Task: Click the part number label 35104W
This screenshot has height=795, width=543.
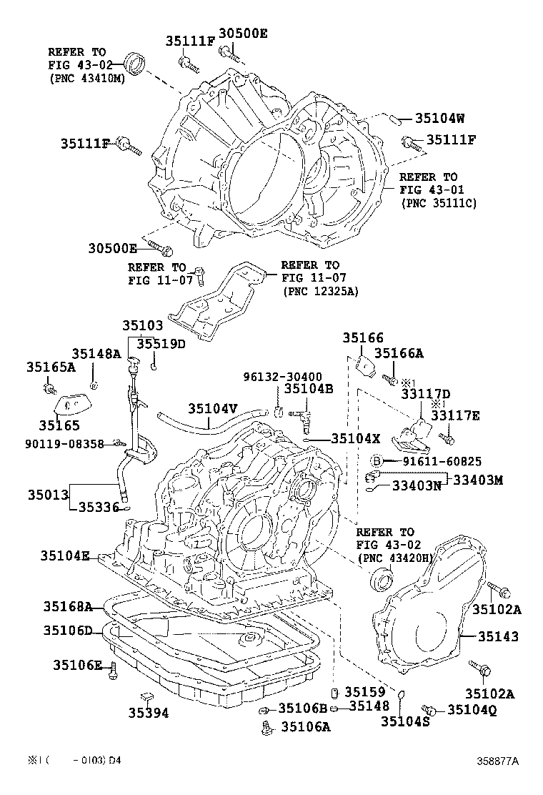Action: (x=440, y=119)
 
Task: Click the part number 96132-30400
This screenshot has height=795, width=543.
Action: (x=282, y=376)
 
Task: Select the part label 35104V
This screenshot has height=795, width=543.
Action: (x=213, y=408)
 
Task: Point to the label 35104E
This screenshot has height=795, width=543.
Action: (x=65, y=555)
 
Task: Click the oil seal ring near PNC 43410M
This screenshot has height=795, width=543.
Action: (x=135, y=63)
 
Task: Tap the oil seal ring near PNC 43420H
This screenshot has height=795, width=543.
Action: (x=379, y=578)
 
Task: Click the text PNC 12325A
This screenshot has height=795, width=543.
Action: (x=321, y=292)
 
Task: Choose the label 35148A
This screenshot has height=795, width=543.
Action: (x=96, y=353)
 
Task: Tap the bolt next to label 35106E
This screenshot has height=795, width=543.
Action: (x=112, y=671)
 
